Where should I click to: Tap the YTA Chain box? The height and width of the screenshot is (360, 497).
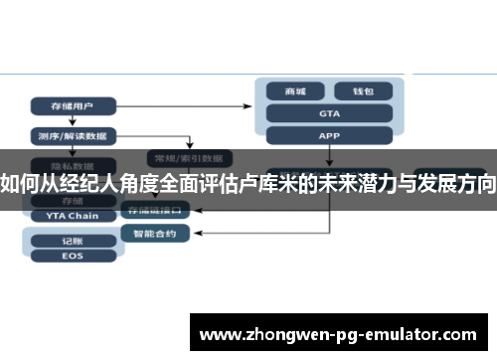[x=72, y=216]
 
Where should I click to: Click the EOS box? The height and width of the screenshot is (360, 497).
[x=72, y=256]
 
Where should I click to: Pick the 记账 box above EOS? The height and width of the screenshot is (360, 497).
[x=72, y=240]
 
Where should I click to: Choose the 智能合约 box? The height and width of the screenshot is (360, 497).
[x=155, y=234]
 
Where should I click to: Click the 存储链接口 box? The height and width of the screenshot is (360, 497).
[x=155, y=211]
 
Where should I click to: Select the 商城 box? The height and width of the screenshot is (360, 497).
[x=295, y=91]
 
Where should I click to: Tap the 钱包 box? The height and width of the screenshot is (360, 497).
[x=363, y=91]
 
